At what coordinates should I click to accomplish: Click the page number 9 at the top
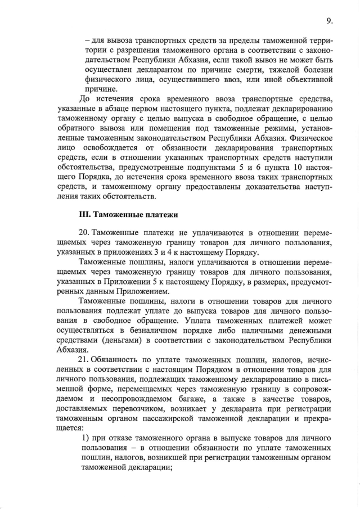coord(329,21)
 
